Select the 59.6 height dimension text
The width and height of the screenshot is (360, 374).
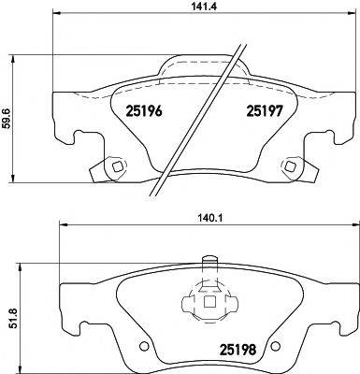pos(8,123)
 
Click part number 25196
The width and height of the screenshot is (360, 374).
pos(144,110)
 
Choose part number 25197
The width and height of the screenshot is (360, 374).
pos(265,110)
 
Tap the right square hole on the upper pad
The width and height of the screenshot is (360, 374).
pos(294,168)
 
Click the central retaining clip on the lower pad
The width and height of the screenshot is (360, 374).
pos(204,303)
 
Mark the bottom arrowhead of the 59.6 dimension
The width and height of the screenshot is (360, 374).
pos(11,180)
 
